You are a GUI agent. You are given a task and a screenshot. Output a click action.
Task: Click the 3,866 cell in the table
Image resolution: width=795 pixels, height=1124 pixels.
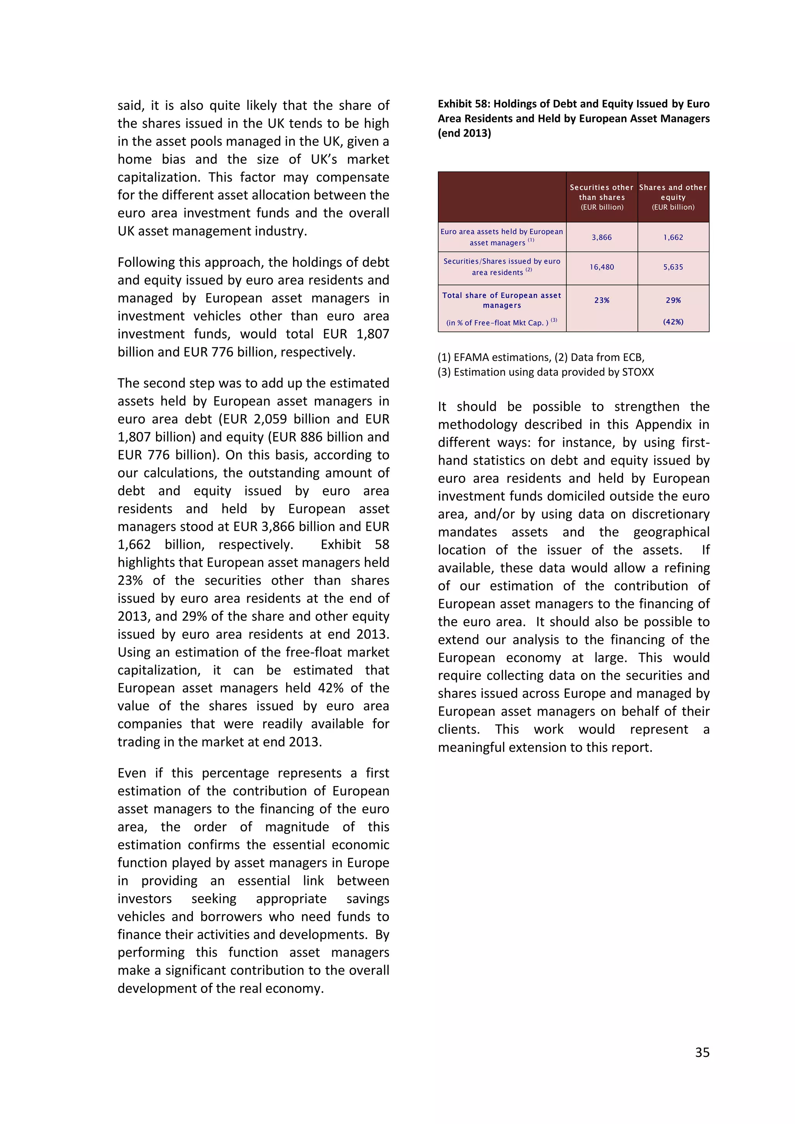(602, 238)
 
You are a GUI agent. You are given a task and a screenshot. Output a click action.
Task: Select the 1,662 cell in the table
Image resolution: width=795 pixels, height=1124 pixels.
(673, 238)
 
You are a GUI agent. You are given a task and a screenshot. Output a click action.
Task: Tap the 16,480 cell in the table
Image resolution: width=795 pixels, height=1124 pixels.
(602, 267)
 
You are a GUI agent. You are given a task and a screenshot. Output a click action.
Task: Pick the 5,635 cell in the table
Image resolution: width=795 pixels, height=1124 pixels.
(673, 267)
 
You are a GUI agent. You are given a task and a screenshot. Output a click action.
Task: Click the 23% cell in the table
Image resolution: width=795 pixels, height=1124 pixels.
(602, 300)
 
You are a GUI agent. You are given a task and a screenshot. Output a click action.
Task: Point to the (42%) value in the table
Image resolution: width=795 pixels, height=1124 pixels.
(673, 322)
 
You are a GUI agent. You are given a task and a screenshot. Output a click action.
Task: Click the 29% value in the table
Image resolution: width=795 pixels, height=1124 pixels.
(673, 300)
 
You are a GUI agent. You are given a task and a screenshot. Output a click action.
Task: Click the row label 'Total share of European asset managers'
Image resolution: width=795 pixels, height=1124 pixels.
(502, 300)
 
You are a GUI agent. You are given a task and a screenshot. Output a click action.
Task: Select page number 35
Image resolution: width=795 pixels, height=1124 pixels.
(702, 1053)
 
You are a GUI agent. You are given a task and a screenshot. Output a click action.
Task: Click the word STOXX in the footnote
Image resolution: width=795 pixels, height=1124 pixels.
(637, 372)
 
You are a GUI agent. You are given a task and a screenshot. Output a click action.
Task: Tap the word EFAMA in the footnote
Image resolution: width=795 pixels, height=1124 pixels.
(471, 357)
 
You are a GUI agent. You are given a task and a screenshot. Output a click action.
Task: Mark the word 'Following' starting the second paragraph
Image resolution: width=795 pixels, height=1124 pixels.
(146, 262)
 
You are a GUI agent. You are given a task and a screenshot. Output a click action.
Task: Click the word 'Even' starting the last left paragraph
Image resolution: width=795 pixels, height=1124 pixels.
(131, 773)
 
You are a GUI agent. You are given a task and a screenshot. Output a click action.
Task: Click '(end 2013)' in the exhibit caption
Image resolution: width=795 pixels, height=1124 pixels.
(464, 133)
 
